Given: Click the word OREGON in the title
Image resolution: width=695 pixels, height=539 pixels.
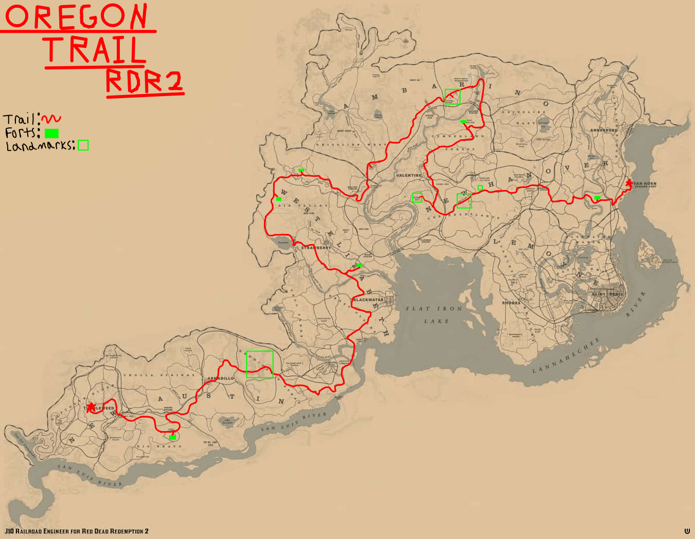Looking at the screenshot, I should (76, 16).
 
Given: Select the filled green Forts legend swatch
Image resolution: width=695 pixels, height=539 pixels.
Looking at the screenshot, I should (51, 134).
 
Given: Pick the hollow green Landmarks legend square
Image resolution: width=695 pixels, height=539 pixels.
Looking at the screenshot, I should (83, 145).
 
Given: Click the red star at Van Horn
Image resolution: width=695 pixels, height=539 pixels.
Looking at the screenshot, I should (628, 183).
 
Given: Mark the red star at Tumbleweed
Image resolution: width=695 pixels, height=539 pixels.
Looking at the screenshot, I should (91, 407).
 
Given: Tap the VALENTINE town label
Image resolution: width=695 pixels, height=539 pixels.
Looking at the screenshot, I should (409, 176).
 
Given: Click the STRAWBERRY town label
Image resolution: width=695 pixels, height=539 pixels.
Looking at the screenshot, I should (316, 248).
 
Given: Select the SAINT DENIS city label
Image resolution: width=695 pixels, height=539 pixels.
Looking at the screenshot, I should (607, 294).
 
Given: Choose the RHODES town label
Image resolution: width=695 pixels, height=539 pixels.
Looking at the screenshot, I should (511, 303).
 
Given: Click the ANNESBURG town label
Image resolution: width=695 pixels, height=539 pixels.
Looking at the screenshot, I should (603, 131).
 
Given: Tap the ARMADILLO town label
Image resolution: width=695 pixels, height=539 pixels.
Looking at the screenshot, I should (221, 379).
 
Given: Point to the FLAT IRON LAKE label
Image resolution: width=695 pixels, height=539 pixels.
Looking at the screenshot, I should (435, 314).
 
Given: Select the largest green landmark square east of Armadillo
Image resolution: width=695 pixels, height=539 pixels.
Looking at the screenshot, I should (259, 364).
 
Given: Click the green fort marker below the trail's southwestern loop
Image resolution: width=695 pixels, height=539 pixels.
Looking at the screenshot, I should (172, 438).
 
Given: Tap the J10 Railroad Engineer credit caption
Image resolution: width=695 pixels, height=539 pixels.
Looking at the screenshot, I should (77, 531).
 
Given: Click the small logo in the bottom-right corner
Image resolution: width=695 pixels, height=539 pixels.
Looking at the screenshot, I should (687, 531).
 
